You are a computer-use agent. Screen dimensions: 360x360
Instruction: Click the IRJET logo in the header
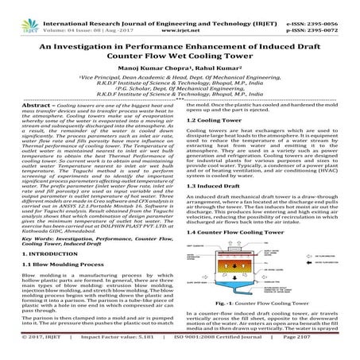click(17, 14)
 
